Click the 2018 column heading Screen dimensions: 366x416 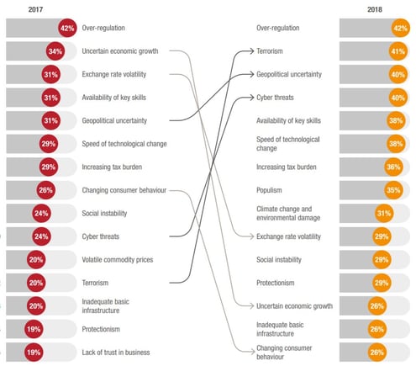(x=376, y=9)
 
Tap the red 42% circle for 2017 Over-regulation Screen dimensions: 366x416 (x=67, y=28)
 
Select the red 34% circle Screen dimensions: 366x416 (x=56, y=51)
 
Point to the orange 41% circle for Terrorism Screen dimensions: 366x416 (x=398, y=51)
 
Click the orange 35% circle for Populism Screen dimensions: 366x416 (x=392, y=190)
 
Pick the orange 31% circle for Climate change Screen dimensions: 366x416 (x=385, y=214)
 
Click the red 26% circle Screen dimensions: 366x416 (x=45, y=190)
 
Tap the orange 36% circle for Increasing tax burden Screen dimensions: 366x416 (x=392, y=167)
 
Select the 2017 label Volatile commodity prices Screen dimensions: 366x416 (x=118, y=260)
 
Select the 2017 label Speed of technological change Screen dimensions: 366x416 (x=124, y=144)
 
